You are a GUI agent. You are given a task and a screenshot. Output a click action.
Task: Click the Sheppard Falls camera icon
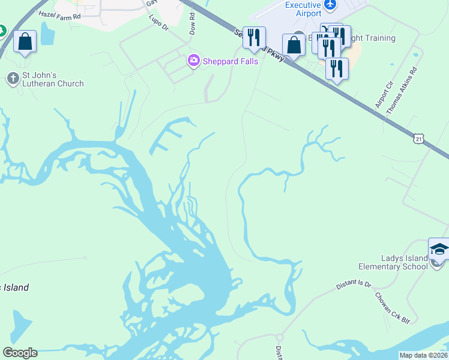[x=193, y=61]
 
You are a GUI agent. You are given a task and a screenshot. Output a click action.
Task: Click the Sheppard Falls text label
[x=231, y=61]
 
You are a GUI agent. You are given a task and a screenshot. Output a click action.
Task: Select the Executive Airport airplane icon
[x=329, y=5]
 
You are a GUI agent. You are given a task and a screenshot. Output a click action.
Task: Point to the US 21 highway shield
[x=418, y=139]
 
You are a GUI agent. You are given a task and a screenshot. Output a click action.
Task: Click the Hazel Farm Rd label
[x=59, y=13]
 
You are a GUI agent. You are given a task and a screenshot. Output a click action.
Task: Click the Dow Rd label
[x=192, y=24]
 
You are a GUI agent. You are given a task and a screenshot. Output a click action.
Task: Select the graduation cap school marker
[x=439, y=248]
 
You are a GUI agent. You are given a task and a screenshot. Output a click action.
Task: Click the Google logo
[x=20, y=353]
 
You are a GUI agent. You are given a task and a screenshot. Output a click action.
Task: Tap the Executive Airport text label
[x=304, y=8]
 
